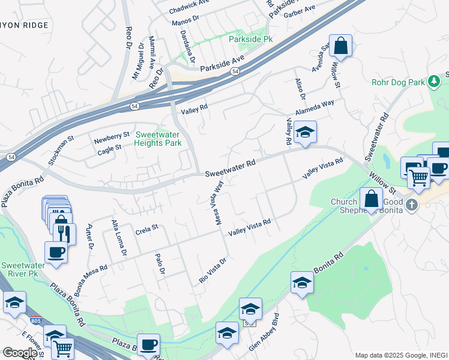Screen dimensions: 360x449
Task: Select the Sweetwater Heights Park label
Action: [x=158, y=139]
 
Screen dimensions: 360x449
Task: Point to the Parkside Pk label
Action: [x=251, y=39]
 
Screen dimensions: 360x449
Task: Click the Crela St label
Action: [x=146, y=228]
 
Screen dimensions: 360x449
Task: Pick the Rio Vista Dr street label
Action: [x=212, y=271]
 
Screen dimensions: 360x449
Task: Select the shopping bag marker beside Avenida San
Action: [x=340, y=46]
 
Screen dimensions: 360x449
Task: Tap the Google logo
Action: [x=19, y=353]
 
